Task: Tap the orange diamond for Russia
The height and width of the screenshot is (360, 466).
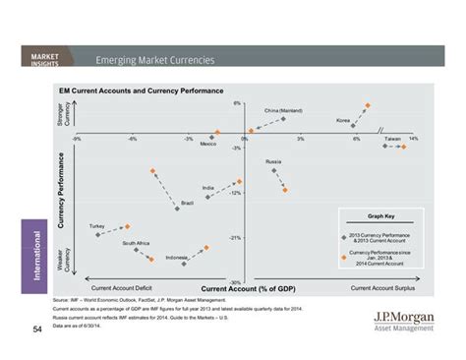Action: pyautogui.click(x=286, y=189)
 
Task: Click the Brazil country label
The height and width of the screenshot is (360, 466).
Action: pyautogui.click(x=187, y=203)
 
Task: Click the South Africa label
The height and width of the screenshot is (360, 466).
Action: pyautogui.click(x=136, y=242)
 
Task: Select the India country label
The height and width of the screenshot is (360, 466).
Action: pyautogui.click(x=208, y=187)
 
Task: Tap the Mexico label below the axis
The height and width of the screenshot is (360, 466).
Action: pyautogui.click(x=208, y=144)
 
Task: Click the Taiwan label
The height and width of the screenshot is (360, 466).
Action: pyautogui.click(x=392, y=138)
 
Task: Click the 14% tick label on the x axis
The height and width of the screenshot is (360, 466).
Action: pyautogui.click(x=414, y=139)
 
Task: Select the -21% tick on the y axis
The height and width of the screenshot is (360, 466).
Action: pyautogui.click(x=236, y=237)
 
